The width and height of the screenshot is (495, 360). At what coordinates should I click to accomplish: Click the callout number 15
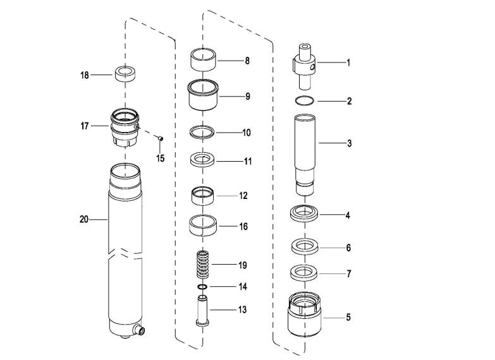tap(161, 158)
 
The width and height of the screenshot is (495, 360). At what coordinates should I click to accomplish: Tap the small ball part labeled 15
tap(161, 138)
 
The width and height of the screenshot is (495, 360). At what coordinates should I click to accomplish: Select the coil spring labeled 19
tap(203, 265)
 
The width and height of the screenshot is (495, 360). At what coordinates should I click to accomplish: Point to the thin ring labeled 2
tap(305, 100)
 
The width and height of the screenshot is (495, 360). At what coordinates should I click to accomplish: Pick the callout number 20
tap(84, 219)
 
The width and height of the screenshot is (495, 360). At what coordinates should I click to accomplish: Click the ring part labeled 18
tap(125, 74)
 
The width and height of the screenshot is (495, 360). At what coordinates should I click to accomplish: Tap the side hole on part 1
tap(312, 66)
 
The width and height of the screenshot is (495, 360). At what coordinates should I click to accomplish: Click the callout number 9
tap(248, 96)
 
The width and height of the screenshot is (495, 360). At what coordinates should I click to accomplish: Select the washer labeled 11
tap(202, 159)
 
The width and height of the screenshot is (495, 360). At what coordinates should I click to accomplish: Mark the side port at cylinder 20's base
tap(140, 330)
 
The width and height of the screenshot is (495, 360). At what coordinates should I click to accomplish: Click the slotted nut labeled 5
tap(304, 314)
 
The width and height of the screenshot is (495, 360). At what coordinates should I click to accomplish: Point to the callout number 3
tap(349, 143)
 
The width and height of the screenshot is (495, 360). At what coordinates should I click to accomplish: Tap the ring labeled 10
tap(202, 131)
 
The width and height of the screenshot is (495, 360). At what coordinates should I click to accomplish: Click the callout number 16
tap(243, 226)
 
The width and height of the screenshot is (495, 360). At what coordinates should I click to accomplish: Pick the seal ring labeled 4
tap(304, 213)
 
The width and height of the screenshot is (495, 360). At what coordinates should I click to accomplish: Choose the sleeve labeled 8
tap(204, 59)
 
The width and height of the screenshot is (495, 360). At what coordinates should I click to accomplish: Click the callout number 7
tap(349, 273)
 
